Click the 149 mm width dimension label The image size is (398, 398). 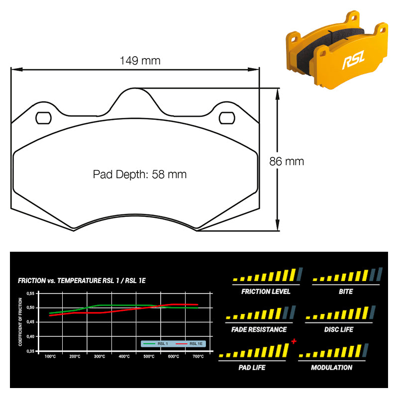pyautogui.click(x=140, y=61)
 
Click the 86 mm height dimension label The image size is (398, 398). pyautogui.click(x=287, y=161)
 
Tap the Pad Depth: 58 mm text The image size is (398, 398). pyautogui.click(x=140, y=175)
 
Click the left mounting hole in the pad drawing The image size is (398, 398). pyautogui.click(x=43, y=118)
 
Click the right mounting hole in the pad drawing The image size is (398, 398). pyautogui.click(x=227, y=118)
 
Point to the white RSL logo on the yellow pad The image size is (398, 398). pyautogui.click(x=354, y=60)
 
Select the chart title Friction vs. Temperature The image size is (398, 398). pyautogui.click(x=82, y=281)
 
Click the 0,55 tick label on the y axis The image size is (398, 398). pyautogui.click(x=30, y=294)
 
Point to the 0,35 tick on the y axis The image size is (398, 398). pyautogui.click(x=30, y=351)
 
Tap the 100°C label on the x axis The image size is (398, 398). pyautogui.click(x=50, y=357)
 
